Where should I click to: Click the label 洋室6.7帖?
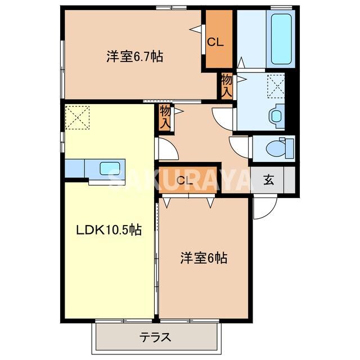pos(135,57)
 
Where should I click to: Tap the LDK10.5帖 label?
pos(109,229)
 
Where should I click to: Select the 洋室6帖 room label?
pos(204,258)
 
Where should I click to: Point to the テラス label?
pos(155,338)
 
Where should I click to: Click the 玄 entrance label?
pos(269,181)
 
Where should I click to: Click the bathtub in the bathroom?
pos(281,38)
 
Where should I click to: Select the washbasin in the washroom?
pos(276,115)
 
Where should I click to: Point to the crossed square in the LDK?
pos(77,117)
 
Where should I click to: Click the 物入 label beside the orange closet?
pos(227,85)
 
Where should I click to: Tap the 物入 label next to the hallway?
pos(165,117)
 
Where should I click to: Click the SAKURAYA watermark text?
pos(180,180)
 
